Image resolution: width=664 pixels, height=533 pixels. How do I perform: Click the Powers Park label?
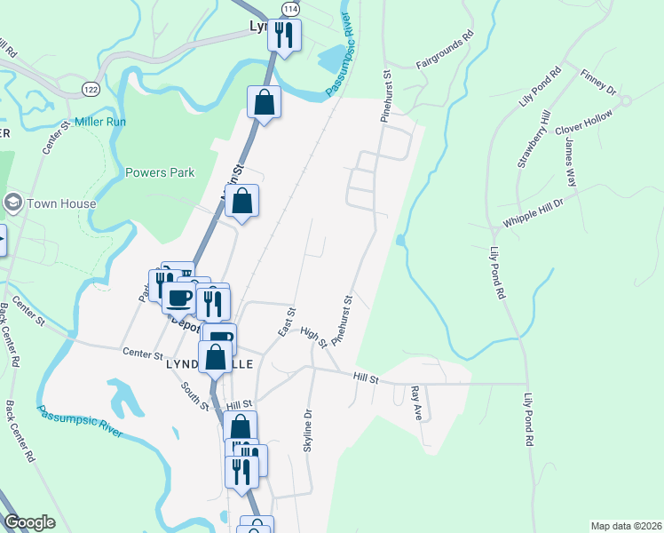160,173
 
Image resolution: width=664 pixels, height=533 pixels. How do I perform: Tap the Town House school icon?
13,203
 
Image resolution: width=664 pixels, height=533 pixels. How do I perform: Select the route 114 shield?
290,7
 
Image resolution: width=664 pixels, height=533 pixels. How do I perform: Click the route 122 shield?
91,89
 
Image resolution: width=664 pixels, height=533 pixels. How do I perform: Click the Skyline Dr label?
308,430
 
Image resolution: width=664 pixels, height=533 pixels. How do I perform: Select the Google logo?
30,522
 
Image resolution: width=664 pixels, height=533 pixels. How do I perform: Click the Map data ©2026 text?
625,526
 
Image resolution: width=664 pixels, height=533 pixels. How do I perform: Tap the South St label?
194,396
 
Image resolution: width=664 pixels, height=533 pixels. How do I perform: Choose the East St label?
286,322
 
